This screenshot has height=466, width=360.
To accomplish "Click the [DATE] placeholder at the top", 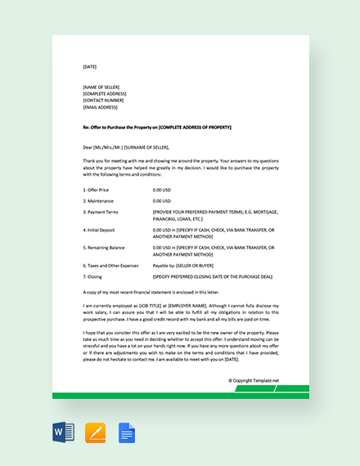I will (x=89, y=66).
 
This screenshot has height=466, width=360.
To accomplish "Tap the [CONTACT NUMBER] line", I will (x=102, y=101).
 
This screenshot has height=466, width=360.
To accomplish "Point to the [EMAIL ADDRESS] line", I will (x=101, y=107).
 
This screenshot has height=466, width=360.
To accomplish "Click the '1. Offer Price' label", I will (x=98, y=189).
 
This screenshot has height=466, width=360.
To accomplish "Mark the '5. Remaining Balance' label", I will (x=106, y=246).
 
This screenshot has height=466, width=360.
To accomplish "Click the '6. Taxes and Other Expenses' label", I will (x=110, y=266).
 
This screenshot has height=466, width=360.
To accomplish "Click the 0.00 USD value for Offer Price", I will (x=162, y=189).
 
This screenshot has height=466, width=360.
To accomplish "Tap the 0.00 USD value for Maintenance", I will (x=162, y=200).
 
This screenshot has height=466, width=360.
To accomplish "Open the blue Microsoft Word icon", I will (x=63, y=432).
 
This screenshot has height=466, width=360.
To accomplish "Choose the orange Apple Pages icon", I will (x=96, y=432).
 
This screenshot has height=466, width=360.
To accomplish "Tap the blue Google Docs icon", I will (x=127, y=432).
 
